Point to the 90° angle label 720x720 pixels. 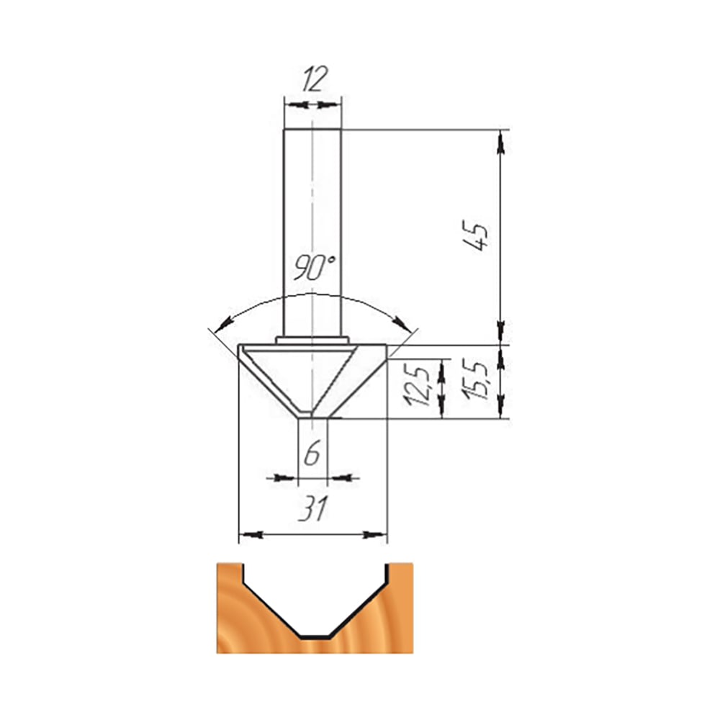pyautogui.click(x=315, y=267)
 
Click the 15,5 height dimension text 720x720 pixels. pyautogui.click(x=477, y=380)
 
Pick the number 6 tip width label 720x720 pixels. pyautogui.click(x=312, y=452)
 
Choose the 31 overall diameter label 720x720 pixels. pyautogui.click(x=314, y=509)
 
